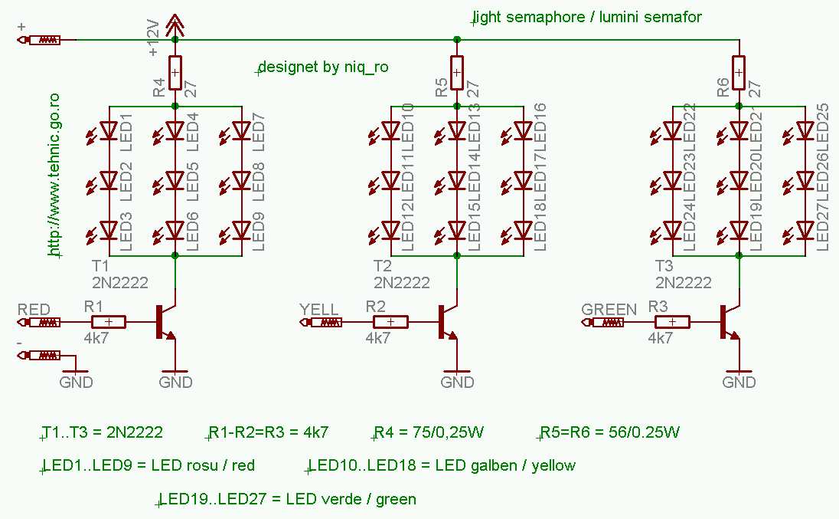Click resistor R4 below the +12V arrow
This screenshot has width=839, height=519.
pos(175,74)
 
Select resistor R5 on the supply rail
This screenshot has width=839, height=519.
pos(457,74)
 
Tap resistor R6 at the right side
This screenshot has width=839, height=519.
pos(739,74)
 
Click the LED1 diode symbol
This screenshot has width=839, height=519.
pos(109,131)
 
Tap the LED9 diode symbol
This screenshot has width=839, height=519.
pos(241,230)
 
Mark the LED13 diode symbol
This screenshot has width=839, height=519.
pos(457,131)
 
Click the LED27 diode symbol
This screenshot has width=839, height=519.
pos(805,230)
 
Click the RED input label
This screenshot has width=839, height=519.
pos(34,309)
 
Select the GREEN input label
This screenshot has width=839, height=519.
pos(609,309)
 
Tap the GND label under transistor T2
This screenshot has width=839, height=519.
pos(458,382)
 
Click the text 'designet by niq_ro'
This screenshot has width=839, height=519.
pos(323,67)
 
